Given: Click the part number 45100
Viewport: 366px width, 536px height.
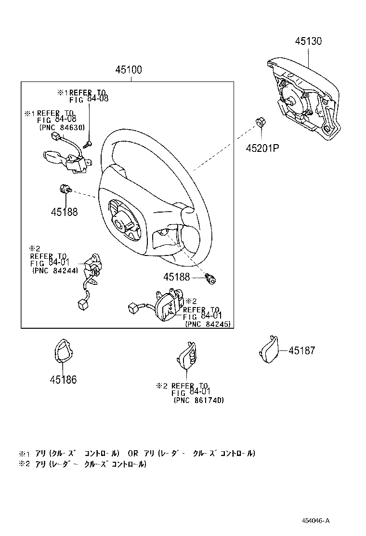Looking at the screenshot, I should click(x=128, y=70).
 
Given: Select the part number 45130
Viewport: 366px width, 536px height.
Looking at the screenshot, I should click(x=309, y=41).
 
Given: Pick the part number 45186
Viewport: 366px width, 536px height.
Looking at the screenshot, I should click(x=63, y=380).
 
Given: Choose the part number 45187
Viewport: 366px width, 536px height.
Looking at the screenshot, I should click(x=302, y=351).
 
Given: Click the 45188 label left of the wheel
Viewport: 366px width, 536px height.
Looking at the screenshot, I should click(x=64, y=211).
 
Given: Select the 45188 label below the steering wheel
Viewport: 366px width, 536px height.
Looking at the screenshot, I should click(x=177, y=277).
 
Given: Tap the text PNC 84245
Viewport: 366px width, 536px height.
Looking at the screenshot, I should click(x=208, y=324).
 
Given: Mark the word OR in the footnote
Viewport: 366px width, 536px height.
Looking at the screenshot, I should click(x=133, y=454).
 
